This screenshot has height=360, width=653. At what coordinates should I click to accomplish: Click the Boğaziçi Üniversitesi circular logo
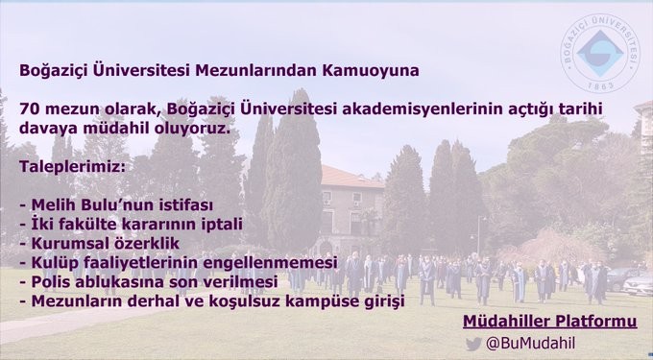click(x=600, y=54)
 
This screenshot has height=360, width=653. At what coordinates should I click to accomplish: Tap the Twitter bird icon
click(x=473, y=344)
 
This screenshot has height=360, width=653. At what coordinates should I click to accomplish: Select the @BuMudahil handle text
click(x=530, y=344)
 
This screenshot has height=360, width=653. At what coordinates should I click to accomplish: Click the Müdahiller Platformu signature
click(x=549, y=322)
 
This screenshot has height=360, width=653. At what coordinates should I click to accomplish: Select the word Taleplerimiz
click(x=72, y=167)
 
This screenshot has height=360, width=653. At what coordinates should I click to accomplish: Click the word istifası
click(x=185, y=204)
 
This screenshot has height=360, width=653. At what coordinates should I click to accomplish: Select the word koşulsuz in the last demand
click(x=248, y=301)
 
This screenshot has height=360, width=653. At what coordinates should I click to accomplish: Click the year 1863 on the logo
click(x=600, y=85)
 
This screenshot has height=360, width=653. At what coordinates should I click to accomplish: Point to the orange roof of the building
click(x=351, y=177)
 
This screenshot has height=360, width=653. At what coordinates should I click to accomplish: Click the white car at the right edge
click(x=639, y=284)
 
